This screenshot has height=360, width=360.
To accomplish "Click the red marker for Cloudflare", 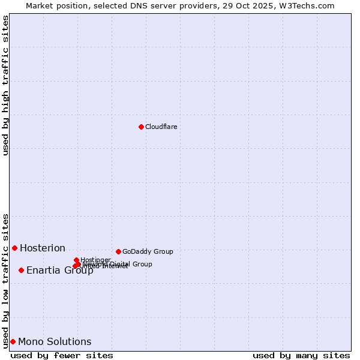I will pyautogui.click(x=141, y=127).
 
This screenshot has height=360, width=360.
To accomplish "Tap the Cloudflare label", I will pyautogui.click(x=161, y=127).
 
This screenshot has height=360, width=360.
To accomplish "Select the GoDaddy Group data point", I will pyautogui.click(x=118, y=251).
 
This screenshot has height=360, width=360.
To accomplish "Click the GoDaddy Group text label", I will pyautogui.click(x=148, y=251).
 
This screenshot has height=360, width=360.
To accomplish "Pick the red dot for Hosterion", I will pyautogui.click(x=14, y=248).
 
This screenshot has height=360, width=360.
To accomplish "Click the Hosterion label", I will pyautogui.click(x=43, y=248).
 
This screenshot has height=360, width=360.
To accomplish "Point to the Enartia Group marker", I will pyautogui.click(x=21, y=270).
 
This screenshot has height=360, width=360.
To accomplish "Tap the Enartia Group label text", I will pyautogui.click(x=59, y=270).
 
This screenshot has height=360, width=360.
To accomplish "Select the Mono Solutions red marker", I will pyautogui.click(x=13, y=341).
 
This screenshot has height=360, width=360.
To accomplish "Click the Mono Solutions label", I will pyautogui.click(x=55, y=341).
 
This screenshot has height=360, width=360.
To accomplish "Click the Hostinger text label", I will pyautogui.click(x=95, y=260).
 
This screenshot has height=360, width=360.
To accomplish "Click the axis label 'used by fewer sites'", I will pyautogui.click(x=62, y=355).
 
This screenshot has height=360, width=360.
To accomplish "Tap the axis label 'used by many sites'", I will pyautogui.click(x=301, y=355).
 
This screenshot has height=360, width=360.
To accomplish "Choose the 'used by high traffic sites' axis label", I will pyautogui.click(x=5, y=85).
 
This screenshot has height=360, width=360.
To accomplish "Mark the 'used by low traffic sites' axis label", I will pyautogui.click(x=5, y=280).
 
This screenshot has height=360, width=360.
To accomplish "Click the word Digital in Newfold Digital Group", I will pyautogui.click(x=122, y=264).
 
